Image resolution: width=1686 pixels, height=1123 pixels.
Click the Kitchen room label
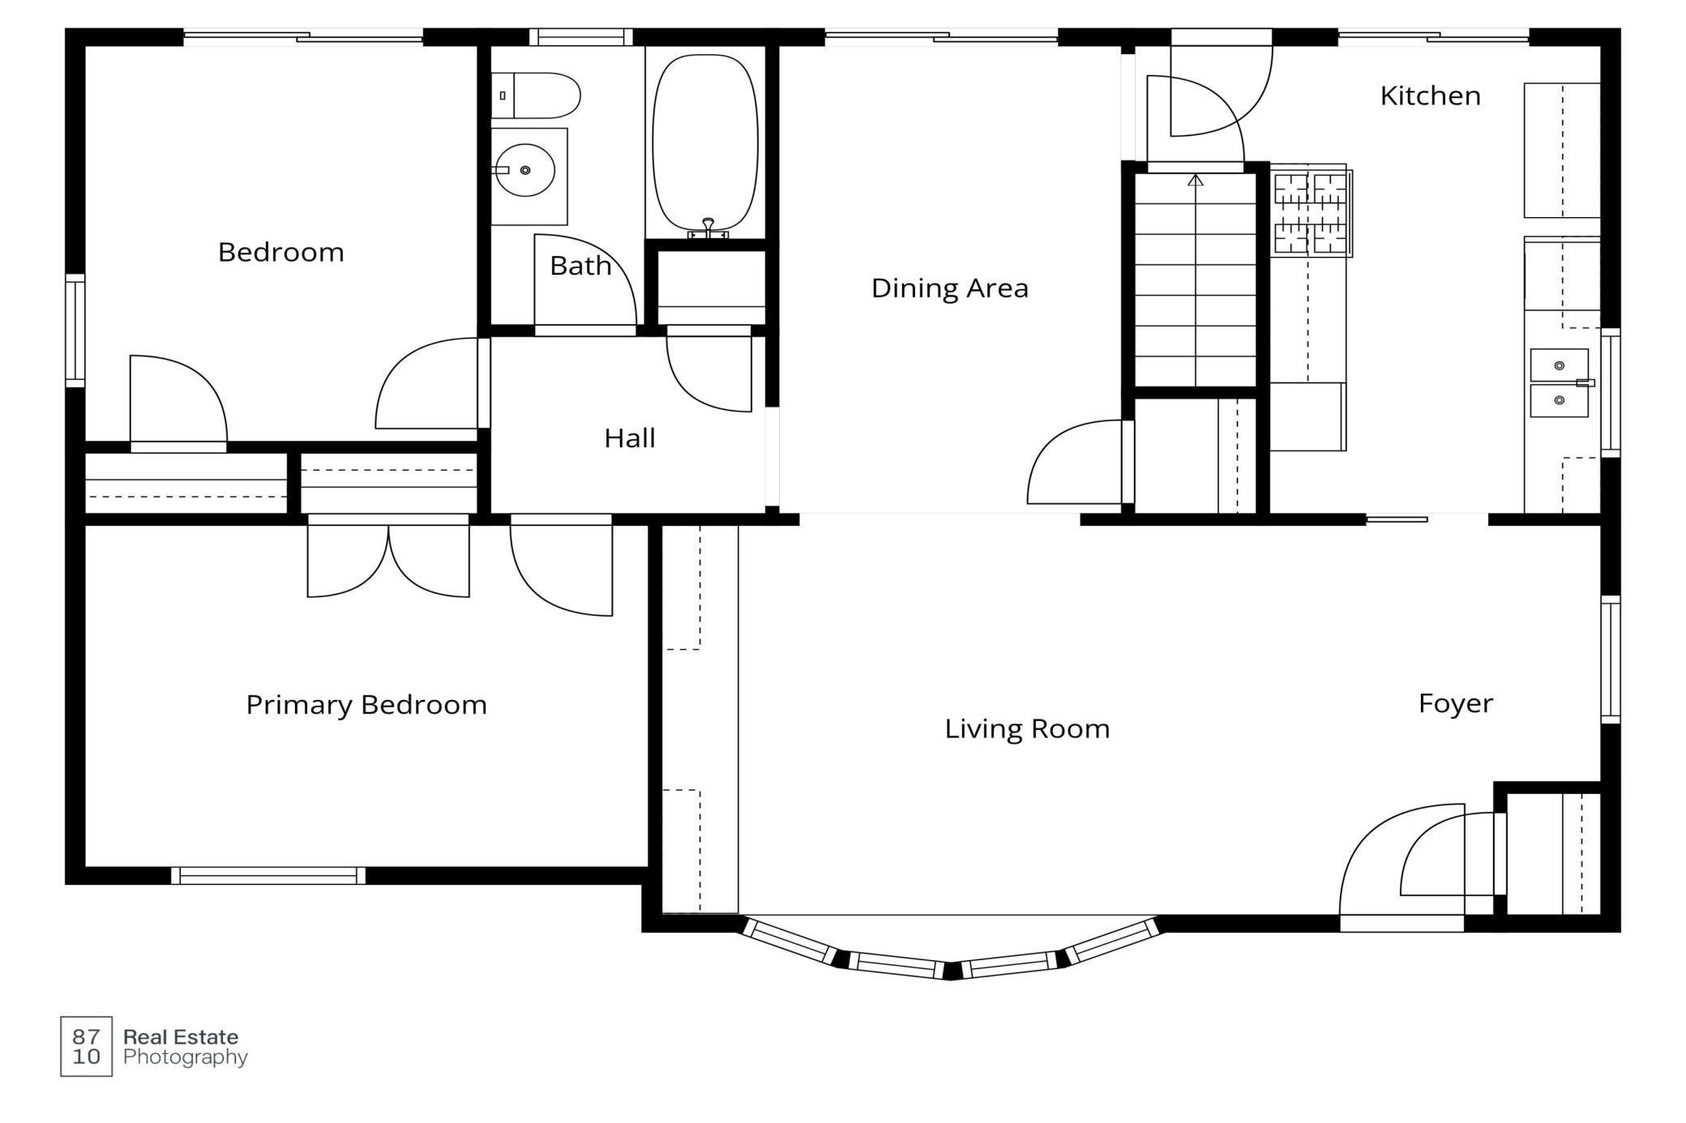(x=1430, y=96)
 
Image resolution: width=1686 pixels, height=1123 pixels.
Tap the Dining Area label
(x=949, y=288)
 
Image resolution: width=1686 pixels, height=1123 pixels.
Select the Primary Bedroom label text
(x=366, y=705)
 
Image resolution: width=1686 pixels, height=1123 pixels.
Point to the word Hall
(x=629, y=438)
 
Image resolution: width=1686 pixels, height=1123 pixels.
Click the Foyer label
(x=1455, y=703)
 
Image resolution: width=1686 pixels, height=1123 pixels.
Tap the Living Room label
(x=1027, y=728)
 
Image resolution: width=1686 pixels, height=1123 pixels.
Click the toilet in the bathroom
(x=536, y=96)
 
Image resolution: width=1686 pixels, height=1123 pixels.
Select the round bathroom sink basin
(x=525, y=170)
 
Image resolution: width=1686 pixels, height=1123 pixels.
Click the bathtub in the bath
(x=705, y=144)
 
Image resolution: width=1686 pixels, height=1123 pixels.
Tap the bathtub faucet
(x=708, y=228)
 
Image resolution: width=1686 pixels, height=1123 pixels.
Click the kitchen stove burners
(x=1310, y=211)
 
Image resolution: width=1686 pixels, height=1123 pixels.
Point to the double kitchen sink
(x=1560, y=382)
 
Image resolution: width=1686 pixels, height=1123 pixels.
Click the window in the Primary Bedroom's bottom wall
(x=268, y=876)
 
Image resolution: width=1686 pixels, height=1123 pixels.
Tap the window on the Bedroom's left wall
(x=75, y=331)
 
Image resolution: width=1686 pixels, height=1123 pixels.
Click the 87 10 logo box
(x=86, y=1046)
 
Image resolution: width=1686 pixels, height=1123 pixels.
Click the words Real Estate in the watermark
(x=181, y=1037)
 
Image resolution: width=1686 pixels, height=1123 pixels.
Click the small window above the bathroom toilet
(x=581, y=37)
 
